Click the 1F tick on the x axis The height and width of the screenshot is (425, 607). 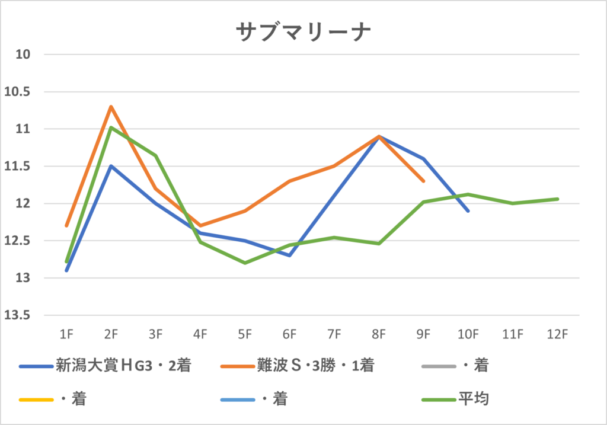pos(66,334)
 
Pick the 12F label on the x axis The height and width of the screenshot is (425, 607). pos(557,334)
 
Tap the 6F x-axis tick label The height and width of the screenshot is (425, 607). pos(289,334)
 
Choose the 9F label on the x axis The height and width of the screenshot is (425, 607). pos(423,334)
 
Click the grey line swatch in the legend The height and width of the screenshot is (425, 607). pos(438,366)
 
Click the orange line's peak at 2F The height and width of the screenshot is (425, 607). pos(111,107)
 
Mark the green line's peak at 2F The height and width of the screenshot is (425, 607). pos(111,127)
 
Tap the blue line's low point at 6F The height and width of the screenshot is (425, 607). pos(289,255)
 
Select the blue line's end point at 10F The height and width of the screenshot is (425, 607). pos(468,210)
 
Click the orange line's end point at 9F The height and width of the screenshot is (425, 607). pos(423,181)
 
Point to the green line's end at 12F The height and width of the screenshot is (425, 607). pos(557,199)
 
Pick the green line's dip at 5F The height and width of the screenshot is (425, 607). pos(245,263)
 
